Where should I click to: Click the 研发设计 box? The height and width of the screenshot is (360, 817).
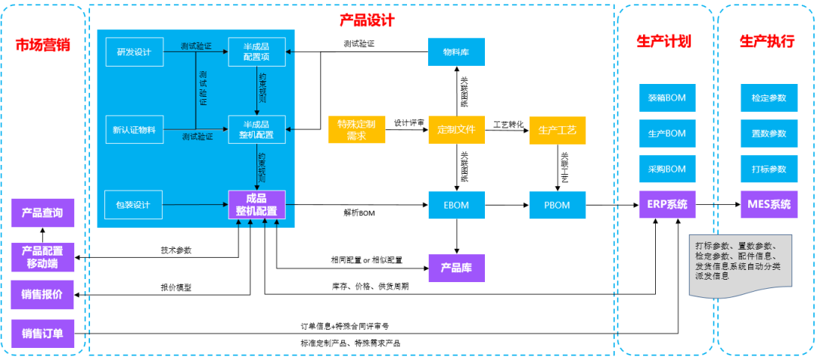(134, 52)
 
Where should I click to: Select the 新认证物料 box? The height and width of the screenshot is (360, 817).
(134, 130)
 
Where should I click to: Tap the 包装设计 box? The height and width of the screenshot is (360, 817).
(134, 204)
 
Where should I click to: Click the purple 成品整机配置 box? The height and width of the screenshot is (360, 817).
(256, 204)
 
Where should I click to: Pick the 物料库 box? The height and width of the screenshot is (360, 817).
(456, 52)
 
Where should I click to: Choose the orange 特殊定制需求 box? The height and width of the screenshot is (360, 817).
(356, 129)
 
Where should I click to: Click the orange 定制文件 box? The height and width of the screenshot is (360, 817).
(456, 129)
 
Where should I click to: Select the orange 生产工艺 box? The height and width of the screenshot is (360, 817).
(557, 129)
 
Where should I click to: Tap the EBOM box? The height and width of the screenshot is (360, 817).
(456, 204)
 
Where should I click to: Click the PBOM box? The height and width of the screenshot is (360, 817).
(557, 204)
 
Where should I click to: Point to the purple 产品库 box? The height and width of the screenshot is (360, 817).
(456, 267)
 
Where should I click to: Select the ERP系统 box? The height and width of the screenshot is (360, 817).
(666, 204)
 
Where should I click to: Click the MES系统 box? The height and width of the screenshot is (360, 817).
(769, 204)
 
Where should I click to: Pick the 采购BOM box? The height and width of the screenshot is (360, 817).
(666, 169)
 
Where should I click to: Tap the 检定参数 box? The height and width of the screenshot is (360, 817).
(769, 98)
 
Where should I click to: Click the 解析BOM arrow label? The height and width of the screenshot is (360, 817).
(359, 214)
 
